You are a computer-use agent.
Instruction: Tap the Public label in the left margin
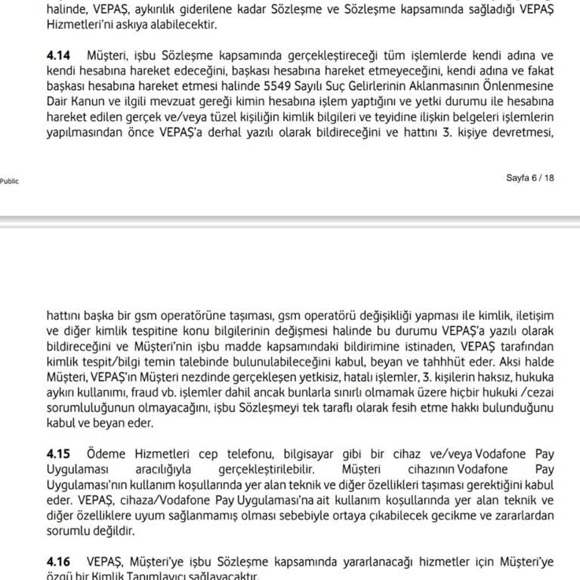click(x=10, y=181)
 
